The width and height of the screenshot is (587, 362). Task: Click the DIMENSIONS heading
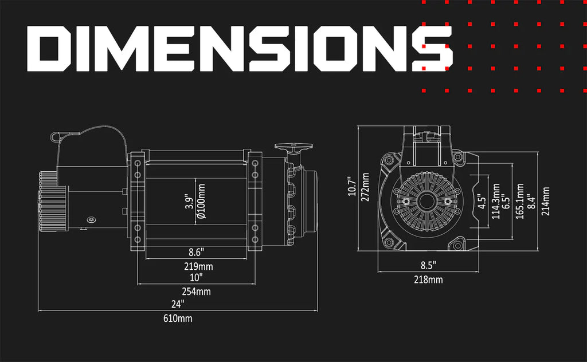240,49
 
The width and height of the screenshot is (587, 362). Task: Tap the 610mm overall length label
178,318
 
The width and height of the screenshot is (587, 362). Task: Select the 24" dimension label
178,304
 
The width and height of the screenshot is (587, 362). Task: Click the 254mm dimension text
196,292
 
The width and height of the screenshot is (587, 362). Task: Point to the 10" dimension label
196,277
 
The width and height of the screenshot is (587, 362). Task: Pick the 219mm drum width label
198,267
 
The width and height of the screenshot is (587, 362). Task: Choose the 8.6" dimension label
196,253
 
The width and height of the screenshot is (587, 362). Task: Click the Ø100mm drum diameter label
201,201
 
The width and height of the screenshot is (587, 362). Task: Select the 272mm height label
365,187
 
